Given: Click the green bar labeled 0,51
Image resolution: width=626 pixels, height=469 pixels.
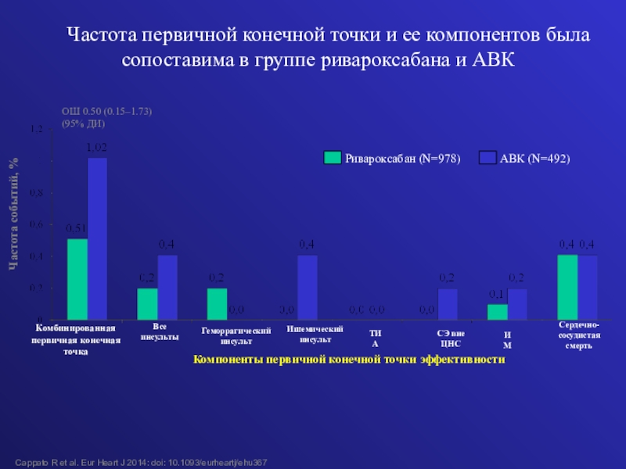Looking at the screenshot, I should point(77,279).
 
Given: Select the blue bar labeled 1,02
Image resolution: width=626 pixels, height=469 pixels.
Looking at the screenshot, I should point(97,238).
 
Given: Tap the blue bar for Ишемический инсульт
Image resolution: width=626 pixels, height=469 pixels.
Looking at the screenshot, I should point(308,287).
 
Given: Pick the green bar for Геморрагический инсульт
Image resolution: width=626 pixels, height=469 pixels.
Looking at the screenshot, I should point(217,304).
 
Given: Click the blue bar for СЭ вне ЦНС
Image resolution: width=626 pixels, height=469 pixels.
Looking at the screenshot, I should point(448,304).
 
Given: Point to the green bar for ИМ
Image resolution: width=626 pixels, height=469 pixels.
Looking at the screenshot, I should point(497,312).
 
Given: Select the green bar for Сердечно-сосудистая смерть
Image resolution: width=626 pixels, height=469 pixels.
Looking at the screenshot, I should point(567,287).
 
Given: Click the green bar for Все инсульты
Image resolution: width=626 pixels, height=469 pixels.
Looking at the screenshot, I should point(147,304).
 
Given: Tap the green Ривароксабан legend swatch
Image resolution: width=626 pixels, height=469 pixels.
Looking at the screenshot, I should point(333,158).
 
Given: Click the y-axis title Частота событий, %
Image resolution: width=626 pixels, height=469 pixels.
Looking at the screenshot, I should point(13,213).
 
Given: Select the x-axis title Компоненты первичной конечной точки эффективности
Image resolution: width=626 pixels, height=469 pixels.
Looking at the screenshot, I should point(349,358).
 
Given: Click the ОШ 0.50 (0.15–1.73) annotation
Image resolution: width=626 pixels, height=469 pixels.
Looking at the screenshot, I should point(106,112).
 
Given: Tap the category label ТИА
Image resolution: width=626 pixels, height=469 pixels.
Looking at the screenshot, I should point(375,338).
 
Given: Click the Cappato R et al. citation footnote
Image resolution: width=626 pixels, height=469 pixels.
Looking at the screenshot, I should point(142,463).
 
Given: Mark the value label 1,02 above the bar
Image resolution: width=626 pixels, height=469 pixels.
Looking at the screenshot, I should point(97,147).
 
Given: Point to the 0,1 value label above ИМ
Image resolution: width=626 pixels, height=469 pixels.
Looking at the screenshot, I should point(496,294).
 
